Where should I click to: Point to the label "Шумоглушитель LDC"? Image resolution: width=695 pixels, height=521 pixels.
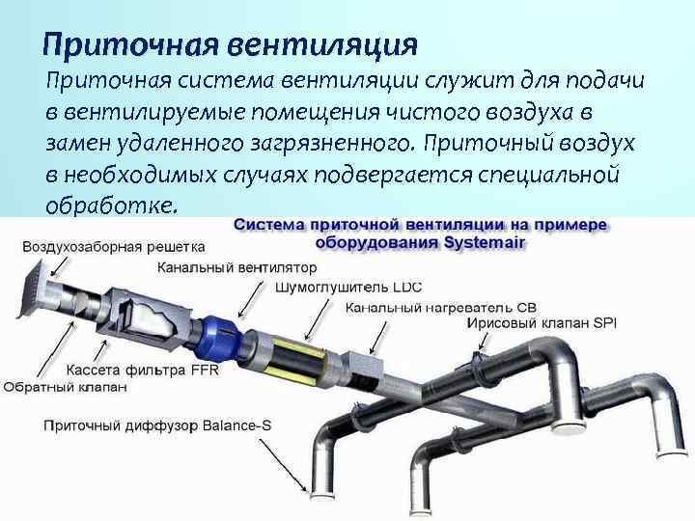348,288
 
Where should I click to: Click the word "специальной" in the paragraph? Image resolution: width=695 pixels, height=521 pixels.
564,175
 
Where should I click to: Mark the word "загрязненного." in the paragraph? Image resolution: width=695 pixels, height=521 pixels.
329,143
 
